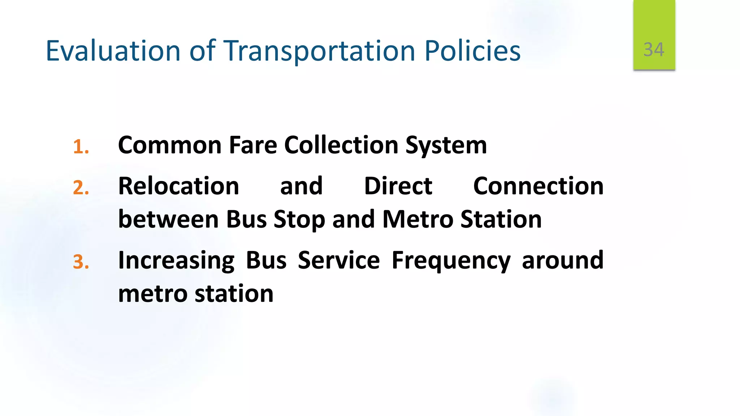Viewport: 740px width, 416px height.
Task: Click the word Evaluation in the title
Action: [x=113, y=51]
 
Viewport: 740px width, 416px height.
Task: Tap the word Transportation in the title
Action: [x=319, y=51]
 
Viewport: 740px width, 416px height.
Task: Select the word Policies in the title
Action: [x=472, y=51]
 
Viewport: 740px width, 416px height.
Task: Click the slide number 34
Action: [x=654, y=49]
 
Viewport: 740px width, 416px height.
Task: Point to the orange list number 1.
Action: [x=81, y=147]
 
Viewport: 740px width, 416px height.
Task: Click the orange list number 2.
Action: [x=81, y=188]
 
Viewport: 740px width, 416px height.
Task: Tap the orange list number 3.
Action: [x=81, y=262]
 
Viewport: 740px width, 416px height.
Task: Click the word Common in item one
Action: [x=169, y=145]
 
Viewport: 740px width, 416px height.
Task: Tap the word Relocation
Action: [x=178, y=186]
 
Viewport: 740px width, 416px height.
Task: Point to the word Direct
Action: [x=398, y=186]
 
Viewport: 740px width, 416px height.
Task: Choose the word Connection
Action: [x=538, y=186]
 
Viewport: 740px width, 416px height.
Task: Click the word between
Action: [x=168, y=220]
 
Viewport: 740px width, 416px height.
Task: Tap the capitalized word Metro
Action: [x=417, y=220]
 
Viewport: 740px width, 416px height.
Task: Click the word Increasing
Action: [x=176, y=261]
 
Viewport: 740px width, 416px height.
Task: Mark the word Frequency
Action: [x=451, y=261]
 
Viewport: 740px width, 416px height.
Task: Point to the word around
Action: [x=563, y=260]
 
